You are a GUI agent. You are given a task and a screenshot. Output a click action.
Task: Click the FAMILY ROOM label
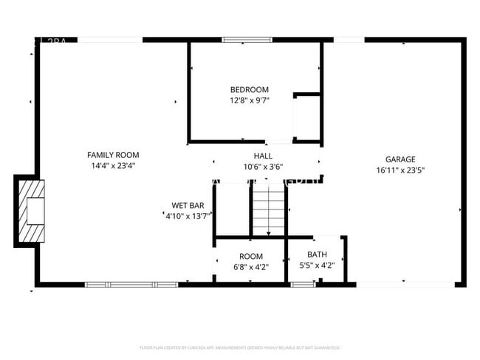point(113,155)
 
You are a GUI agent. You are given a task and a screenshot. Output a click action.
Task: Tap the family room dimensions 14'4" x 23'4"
point(113,166)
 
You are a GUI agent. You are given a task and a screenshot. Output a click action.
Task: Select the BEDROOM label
point(250,90)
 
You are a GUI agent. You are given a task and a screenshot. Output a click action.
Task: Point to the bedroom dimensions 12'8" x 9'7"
point(250,101)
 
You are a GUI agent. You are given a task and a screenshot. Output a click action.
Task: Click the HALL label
point(263,156)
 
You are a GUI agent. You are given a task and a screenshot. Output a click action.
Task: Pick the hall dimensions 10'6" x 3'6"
point(263,167)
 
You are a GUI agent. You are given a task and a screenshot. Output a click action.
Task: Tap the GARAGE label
point(400,159)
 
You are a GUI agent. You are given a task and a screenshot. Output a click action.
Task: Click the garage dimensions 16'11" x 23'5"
point(400,170)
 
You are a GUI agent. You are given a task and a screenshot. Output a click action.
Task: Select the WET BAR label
point(188,206)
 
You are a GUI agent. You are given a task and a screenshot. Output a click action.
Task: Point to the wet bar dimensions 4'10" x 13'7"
point(188,216)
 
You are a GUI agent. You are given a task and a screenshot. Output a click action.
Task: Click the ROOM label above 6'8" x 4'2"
point(250,256)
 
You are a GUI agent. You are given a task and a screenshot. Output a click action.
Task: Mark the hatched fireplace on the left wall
point(30,210)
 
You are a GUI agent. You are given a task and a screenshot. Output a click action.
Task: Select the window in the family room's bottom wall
point(131,284)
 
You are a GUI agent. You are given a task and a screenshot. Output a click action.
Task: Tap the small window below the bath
point(302,284)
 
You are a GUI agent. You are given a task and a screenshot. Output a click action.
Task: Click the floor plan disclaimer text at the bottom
point(239,347)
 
